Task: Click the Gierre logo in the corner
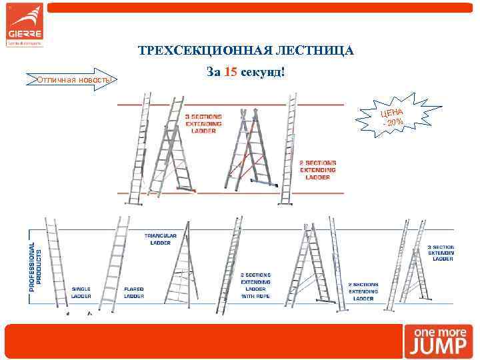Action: (25, 25)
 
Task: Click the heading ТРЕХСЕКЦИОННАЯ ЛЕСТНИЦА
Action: (246, 51)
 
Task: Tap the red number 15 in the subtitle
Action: (230, 71)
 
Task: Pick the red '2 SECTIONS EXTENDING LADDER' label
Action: (317, 169)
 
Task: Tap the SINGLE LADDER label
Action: (81, 292)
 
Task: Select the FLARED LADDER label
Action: (134, 292)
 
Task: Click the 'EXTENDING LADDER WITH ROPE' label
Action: (255, 285)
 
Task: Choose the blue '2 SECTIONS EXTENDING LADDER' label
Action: (363, 291)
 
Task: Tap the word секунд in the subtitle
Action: (263, 71)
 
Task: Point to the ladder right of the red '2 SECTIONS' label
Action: (289, 150)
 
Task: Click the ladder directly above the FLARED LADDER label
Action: (115, 257)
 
